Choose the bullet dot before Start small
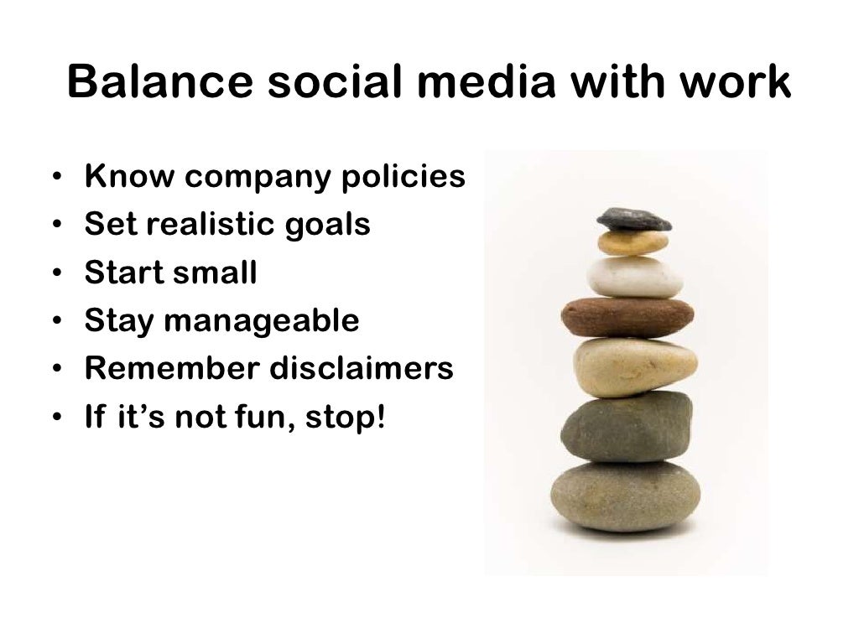pyautogui.click(x=56, y=274)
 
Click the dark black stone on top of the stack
pyautogui.click(x=633, y=219)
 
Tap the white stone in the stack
pyautogui.click(x=634, y=277)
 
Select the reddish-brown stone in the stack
pyautogui.click(x=627, y=317)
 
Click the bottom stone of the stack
pyautogui.click(x=625, y=496)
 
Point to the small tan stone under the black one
pyautogui.click(x=633, y=243)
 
